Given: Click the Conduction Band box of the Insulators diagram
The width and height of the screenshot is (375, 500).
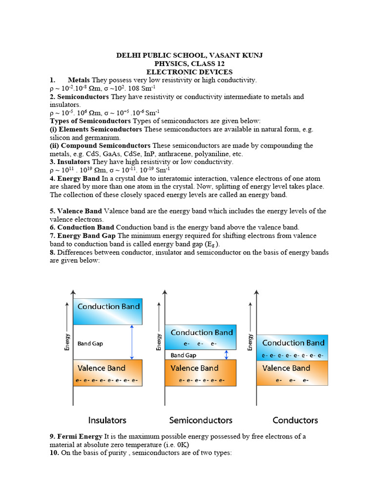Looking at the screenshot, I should [108, 312].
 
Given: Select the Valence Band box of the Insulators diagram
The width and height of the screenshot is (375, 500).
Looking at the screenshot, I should [108, 373].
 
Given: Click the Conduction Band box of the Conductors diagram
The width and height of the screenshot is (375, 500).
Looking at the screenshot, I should [293, 348].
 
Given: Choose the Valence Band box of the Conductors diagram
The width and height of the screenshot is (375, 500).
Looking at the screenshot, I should [293, 374].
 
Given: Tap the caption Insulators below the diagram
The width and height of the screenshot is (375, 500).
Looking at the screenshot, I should [107, 420].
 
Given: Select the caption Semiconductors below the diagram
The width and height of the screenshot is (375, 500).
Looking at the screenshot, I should [201, 420].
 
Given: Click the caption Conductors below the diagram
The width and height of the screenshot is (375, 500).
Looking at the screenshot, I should [295, 420].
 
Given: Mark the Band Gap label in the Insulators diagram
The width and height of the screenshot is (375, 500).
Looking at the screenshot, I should [90, 343].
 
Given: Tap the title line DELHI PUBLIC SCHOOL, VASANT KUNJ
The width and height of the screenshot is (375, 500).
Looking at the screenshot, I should [189, 56].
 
